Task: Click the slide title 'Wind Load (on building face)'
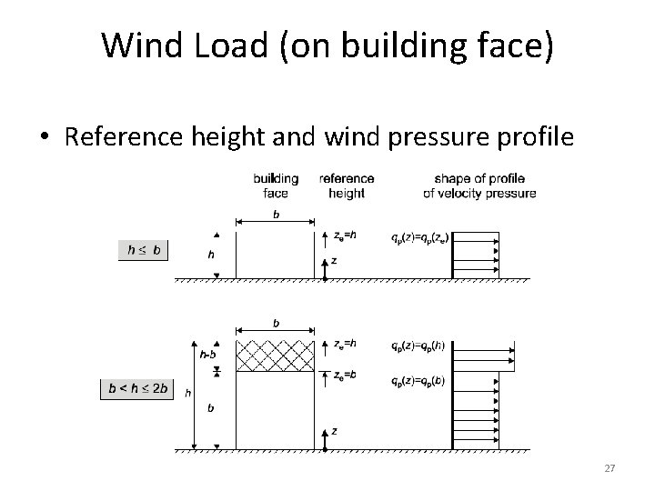coord(327,45)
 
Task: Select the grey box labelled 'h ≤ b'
coord(145,249)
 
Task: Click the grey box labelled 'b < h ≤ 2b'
coord(136,389)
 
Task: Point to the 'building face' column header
coord(275,185)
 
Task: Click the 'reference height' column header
coord(346,185)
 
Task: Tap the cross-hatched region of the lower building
coord(275,356)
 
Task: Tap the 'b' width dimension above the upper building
coord(277,215)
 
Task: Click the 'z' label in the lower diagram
coord(335,430)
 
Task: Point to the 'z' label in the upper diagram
coord(335,260)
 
